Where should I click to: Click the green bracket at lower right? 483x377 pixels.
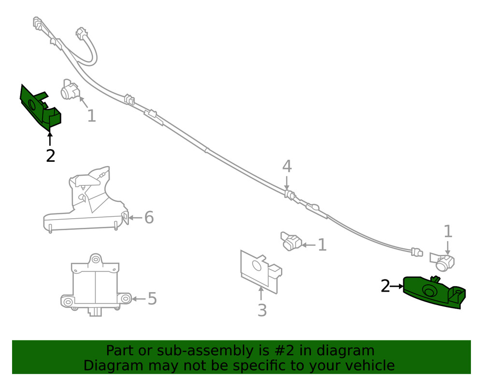coord(432,292)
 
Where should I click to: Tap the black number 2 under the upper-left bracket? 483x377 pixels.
coord(50,156)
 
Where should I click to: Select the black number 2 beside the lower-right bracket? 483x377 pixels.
coord(385,286)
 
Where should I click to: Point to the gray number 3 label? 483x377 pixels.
coord(262,310)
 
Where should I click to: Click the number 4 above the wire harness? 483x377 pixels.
coord(287,167)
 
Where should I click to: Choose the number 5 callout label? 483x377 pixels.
coord(152,299)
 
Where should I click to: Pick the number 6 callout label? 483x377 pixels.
coord(149,218)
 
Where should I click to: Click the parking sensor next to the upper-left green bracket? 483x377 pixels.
coord(71,90)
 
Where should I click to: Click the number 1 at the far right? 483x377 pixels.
coord(448,232)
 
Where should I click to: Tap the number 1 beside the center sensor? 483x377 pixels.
coord(322,245)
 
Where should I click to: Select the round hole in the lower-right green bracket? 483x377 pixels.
coord(428,291)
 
